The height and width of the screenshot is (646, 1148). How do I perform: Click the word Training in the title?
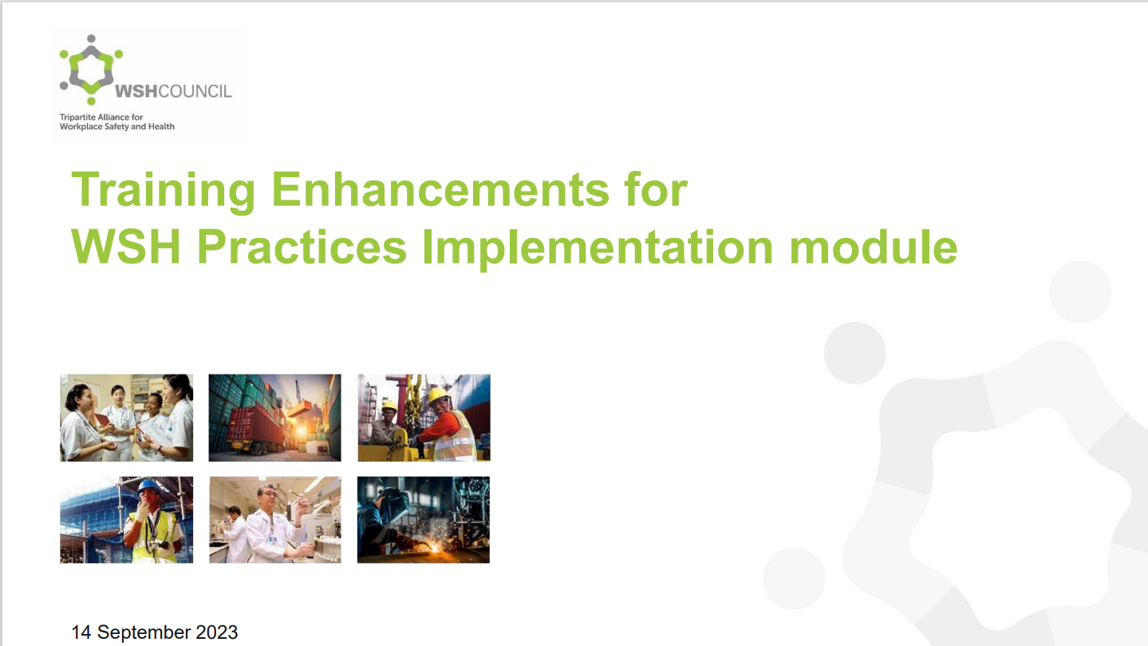point(163,191)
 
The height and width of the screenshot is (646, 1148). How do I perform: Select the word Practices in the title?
point(302,247)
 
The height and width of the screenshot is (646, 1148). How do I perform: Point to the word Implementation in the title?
point(597,249)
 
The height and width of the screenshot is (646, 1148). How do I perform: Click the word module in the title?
point(874,247)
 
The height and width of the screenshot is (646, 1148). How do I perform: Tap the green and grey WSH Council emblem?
point(91,69)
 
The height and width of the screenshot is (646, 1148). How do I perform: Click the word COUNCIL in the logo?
point(195,91)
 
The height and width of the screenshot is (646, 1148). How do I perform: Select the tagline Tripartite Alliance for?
point(101,117)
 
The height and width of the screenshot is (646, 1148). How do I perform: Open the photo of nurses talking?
point(127,418)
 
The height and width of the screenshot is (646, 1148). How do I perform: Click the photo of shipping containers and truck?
point(274,418)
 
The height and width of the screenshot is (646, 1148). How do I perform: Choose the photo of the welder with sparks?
point(424,520)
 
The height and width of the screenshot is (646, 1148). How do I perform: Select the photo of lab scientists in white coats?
point(274,520)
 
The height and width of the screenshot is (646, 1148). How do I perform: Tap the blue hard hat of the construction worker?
point(149,485)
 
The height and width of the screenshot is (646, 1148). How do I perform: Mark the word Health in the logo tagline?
point(161,127)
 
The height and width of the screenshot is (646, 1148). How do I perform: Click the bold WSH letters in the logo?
point(136,91)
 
